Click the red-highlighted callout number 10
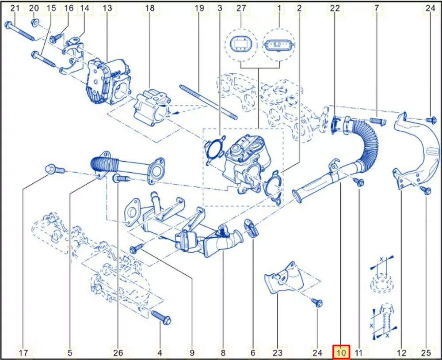pos(341,352)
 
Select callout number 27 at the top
pos(241,8)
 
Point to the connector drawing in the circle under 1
pos(279,45)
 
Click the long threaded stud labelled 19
pos(208,102)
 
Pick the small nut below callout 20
pos(35,23)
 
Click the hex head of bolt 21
pos(8,25)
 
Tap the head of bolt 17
pos(50,169)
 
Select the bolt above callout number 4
pos(161,318)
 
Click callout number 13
pos(107,8)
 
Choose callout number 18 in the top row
pos(150,8)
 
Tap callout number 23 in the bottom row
pos(278,352)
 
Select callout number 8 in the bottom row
pos(223,352)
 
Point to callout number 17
pos(24,352)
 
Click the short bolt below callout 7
pos(378,121)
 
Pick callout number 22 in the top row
pos(335,8)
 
